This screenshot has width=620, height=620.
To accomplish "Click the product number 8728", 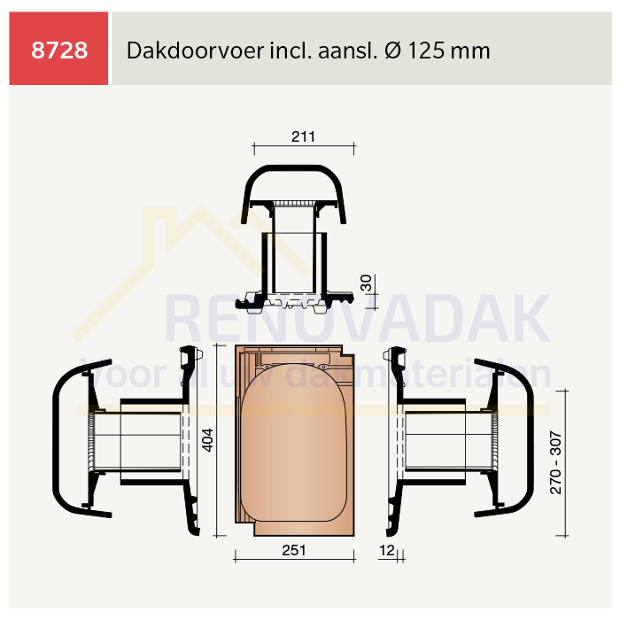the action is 59,50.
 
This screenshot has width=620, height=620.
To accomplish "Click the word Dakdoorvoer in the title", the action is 196,50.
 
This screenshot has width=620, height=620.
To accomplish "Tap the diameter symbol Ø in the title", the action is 393,50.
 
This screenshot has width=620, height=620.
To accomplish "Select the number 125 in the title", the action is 427,50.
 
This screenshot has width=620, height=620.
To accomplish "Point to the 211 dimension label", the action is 303,136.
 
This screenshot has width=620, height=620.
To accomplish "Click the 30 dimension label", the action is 366,283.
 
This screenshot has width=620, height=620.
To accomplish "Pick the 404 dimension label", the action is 207,439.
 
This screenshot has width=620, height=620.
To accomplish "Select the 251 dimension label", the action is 294,550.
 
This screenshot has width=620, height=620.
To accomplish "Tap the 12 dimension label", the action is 387,550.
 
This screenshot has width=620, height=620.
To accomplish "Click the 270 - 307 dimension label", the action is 555,462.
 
